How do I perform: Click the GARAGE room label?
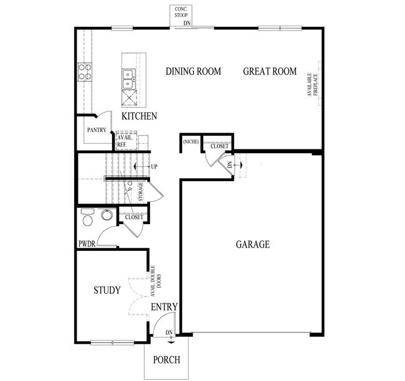[252, 245]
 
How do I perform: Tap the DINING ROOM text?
[193, 72]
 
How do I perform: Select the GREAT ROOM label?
[269, 72]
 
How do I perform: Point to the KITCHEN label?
[139, 116]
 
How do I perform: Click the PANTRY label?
[96, 130]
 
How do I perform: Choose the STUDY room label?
[107, 290]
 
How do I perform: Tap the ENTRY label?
[164, 307]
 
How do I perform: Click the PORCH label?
[166, 360]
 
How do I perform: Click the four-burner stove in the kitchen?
[85, 72]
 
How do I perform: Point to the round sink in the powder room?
[107, 215]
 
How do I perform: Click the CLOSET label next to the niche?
[219, 146]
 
